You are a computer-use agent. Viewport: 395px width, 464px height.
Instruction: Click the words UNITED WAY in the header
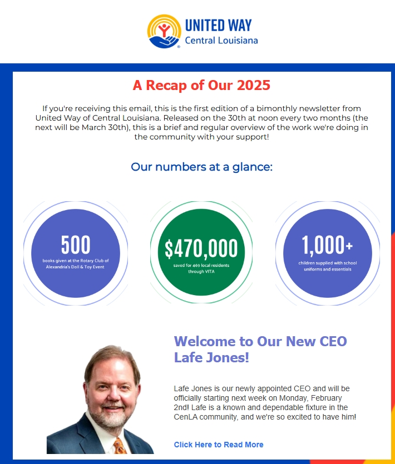tap(218, 26)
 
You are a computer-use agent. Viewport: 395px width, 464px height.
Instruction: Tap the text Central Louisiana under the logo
tap(221, 41)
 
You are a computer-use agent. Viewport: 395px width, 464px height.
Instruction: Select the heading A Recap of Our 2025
tap(201, 85)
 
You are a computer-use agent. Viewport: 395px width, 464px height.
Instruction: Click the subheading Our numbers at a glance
tap(201, 166)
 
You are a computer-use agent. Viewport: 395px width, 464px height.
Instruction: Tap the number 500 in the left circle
tap(76, 245)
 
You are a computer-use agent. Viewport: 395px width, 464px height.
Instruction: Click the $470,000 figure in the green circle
tap(201, 249)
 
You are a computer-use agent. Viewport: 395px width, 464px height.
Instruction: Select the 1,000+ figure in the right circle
tap(327, 245)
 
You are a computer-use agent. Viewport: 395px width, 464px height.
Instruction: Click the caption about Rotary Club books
tap(76, 263)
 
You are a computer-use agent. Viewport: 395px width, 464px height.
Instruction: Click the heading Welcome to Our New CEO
tap(260, 341)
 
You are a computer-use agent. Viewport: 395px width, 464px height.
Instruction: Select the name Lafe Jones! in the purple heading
tap(211, 357)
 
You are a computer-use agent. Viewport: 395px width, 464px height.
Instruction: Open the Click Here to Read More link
tap(219, 445)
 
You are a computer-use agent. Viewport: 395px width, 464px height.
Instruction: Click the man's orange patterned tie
tap(119, 446)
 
